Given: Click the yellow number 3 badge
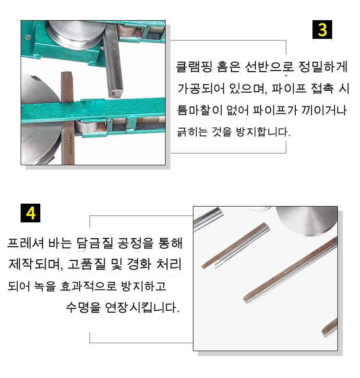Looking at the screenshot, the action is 322,30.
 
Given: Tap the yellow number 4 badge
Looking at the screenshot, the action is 30,213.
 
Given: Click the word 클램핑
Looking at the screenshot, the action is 194,67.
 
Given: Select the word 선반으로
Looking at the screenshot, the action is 269,67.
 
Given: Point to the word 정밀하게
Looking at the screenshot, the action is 323,67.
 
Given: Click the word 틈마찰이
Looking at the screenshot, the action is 200,110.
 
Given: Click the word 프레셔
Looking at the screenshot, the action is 25,243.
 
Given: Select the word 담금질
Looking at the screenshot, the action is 95,243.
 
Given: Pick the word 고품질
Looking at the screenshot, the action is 86,264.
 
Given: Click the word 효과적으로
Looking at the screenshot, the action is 88,286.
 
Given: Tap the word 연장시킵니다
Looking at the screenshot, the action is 143,307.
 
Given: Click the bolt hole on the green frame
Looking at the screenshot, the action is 28,38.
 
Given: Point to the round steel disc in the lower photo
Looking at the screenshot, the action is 307,220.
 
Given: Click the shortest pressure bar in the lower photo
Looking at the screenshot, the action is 330,328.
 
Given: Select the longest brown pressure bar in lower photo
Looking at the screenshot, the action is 290,270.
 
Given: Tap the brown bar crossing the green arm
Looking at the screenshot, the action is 68,118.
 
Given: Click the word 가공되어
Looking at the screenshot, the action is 201,88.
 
